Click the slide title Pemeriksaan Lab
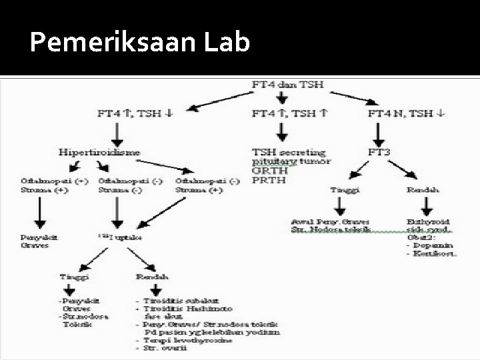click(140, 43)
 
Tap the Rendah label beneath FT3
click(422, 190)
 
